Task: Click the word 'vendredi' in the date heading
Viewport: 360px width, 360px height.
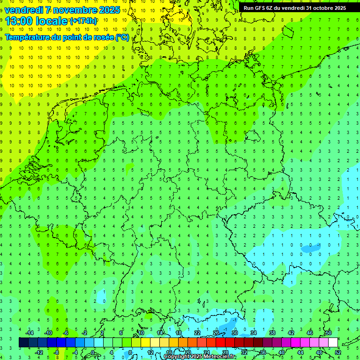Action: coord(24,9)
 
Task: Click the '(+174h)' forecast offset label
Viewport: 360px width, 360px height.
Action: coord(83,21)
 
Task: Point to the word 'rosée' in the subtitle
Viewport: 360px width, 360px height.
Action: coord(99,37)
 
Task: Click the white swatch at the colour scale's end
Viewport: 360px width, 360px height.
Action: coord(333,343)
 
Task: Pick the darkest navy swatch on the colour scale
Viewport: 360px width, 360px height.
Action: coord(23,343)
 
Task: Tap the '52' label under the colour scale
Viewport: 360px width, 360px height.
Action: coord(337,352)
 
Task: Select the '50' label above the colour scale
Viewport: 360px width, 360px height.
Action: coord(328,333)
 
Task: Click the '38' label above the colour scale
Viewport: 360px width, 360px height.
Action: coord(272,333)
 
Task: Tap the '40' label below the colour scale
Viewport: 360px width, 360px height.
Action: coord(281,352)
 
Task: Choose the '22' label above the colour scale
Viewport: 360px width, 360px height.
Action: coord(197,333)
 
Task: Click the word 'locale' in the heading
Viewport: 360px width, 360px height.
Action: coord(51,21)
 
